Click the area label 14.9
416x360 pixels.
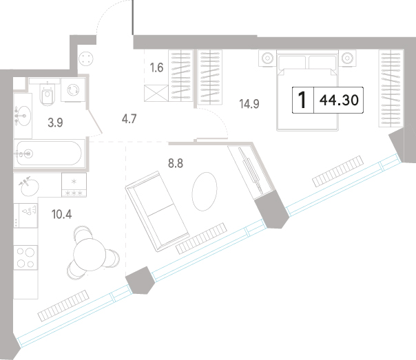(x=249, y=104)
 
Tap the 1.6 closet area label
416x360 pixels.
(x=156, y=67)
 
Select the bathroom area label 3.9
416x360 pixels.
(x=55, y=123)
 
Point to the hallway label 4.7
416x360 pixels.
(x=129, y=119)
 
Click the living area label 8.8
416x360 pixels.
(x=176, y=163)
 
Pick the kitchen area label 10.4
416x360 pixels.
(x=61, y=214)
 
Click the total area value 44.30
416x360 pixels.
(x=339, y=100)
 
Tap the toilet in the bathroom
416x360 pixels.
(x=48, y=94)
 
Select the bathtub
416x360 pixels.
(x=49, y=153)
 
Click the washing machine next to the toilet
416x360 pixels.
(x=73, y=89)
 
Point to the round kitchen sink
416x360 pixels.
(x=30, y=187)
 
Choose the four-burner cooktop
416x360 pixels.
(x=25, y=257)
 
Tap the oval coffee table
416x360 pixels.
(x=205, y=191)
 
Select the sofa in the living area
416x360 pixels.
(x=157, y=211)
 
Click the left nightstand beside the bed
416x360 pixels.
(x=267, y=58)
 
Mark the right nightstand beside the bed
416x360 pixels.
(x=347, y=58)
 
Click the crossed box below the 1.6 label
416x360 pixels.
(x=156, y=93)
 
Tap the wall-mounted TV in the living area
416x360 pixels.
(x=251, y=171)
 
